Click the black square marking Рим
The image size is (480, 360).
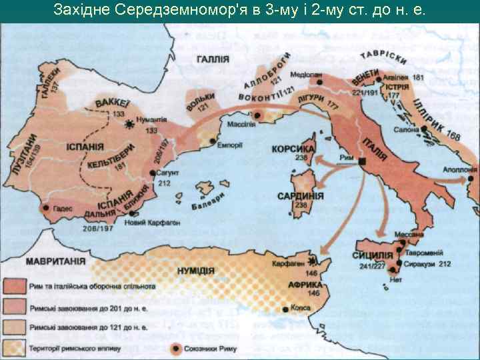coord(362,162)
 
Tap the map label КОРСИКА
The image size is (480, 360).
coord(293,148)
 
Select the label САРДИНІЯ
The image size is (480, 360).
coord(301,197)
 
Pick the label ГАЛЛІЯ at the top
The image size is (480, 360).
coord(213,59)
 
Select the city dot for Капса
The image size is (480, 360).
coord(287,309)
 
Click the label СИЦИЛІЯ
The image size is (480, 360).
coord(372,255)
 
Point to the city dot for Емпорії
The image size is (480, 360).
coord(213,141)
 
